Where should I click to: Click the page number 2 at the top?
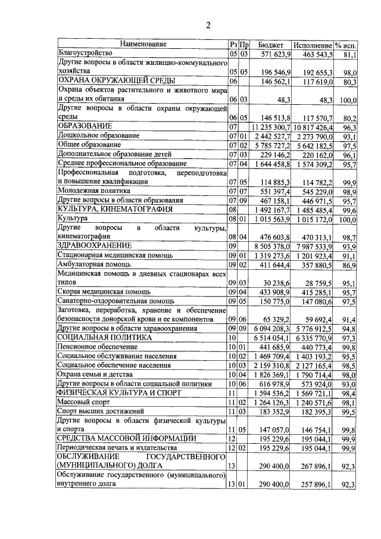(x=208, y=24)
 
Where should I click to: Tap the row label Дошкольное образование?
(x=97, y=136)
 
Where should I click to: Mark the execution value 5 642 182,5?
(x=313, y=145)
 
